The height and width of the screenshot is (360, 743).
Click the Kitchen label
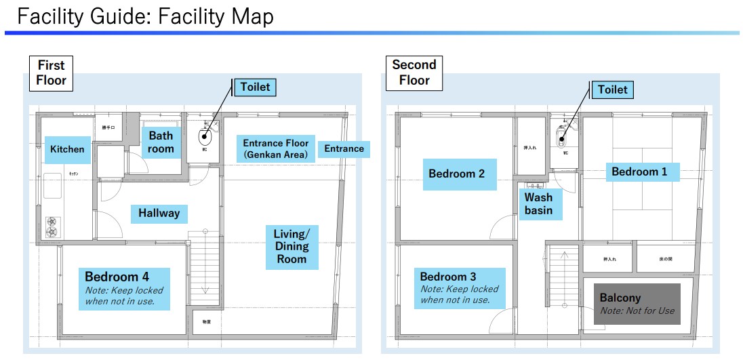pos(68,149)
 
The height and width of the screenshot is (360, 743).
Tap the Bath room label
pos(161,142)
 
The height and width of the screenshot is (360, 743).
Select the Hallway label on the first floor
pos(159,214)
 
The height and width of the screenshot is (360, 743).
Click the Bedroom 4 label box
pos(124,289)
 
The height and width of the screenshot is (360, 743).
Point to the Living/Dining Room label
pos(292,246)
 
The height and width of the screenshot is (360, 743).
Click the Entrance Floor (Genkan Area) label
pos(276,148)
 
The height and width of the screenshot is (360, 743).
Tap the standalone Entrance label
pos(344,148)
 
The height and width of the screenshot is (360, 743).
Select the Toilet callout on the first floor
pos(255,87)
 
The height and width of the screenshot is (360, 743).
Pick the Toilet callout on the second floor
pos(612,89)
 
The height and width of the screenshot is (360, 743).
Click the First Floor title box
pos(51,73)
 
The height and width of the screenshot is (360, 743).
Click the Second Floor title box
pos(414,73)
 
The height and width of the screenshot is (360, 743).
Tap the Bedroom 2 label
pos(456,174)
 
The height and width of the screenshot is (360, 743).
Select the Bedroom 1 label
pos(639,172)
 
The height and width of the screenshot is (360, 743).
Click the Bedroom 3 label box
pos(459,288)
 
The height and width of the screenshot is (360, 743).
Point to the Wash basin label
pos(538,204)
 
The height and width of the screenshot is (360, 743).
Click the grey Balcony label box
pos(637,304)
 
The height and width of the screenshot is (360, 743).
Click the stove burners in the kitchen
pos(52,226)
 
